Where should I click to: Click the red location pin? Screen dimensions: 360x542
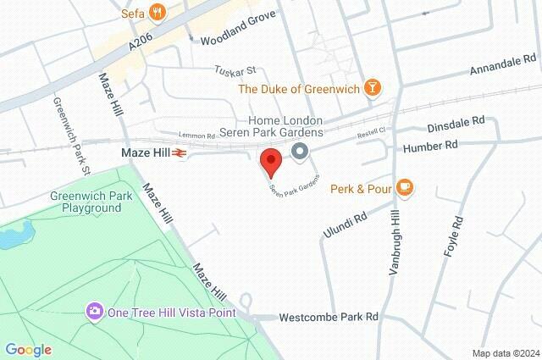pyautogui.click(x=270, y=161)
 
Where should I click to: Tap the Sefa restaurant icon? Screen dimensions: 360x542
pyautogui.click(x=156, y=12)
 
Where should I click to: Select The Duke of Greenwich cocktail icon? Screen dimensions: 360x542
pyautogui.click(x=371, y=87)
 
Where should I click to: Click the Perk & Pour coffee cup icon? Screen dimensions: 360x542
pyautogui.click(x=404, y=187)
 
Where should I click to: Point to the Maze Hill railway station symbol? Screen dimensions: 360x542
pyautogui.click(x=179, y=153)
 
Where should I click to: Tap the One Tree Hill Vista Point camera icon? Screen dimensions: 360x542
pyautogui.click(x=95, y=312)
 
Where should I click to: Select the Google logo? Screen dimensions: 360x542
pyautogui.click(x=28, y=349)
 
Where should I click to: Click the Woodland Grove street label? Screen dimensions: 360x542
pyautogui.click(x=239, y=40)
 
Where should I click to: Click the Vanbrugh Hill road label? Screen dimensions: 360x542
pyautogui.click(x=392, y=241)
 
